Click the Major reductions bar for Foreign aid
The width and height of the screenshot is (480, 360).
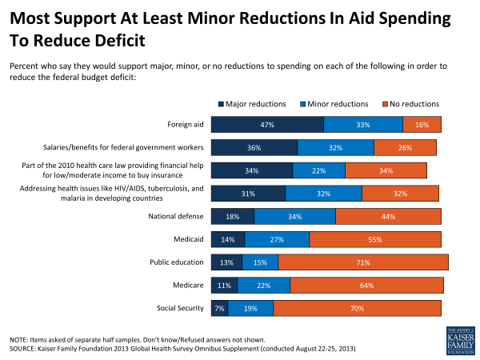click(266, 124)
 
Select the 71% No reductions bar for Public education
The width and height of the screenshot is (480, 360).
click(363, 262)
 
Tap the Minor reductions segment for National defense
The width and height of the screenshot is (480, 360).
click(294, 216)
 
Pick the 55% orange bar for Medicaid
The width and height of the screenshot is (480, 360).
click(375, 238)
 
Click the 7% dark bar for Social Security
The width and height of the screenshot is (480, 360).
click(218, 308)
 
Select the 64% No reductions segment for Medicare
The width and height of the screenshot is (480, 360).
click(366, 285)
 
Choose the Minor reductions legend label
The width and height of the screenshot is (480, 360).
click(338, 104)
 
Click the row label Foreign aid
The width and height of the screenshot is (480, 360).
click(186, 124)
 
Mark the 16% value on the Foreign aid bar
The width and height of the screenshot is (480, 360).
click(422, 124)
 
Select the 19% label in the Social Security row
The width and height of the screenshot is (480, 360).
click(250, 308)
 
